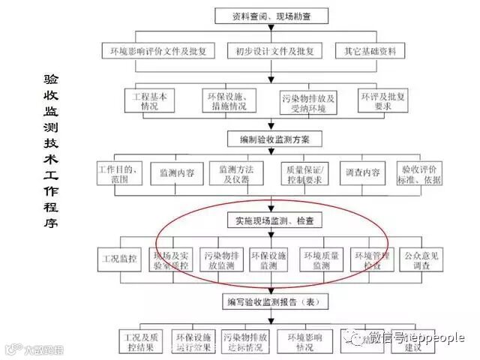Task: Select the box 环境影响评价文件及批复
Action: click(x=158, y=52)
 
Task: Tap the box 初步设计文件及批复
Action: click(x=274, y=52)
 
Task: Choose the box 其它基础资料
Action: click(x=370, y=52)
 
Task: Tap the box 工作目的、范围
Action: click(x=118, y=174)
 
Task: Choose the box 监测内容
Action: click(x=177, y=174)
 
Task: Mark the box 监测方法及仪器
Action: click(x=235, y=174)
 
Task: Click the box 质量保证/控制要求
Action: click(x=304, y=174)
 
